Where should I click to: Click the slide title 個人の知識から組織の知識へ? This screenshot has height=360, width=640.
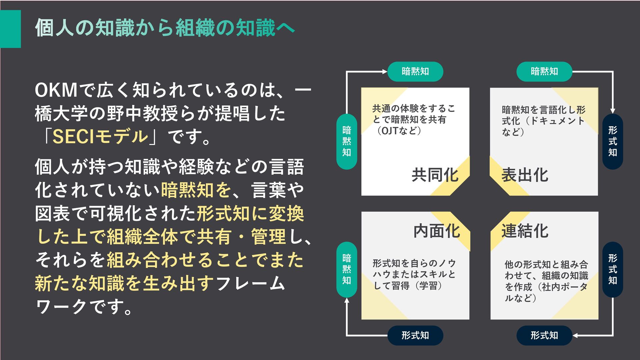(x=165, y=28)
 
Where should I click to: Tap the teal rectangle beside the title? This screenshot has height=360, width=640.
(x=10, y=29)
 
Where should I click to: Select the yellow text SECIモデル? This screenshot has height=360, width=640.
(x=100, y=136)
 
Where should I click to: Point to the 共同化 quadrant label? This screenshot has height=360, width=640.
(x=435, y=175)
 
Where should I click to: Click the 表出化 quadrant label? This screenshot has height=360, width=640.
(x=525, y=175)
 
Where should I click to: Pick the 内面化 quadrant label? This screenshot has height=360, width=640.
(x=436, y=231)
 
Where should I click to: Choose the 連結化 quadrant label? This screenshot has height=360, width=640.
(x=525, y=231)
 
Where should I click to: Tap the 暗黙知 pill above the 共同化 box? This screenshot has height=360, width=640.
(x=415, y=71)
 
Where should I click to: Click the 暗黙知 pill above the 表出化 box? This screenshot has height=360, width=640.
(x=544, y=71)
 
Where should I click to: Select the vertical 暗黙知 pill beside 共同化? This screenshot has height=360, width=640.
(x=347, y=141)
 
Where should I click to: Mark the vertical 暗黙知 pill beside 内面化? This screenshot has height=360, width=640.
(x=347, y=269)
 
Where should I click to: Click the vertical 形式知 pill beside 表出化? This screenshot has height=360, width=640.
(x=612, y=141)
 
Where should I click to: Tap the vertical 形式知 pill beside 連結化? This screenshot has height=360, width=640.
(x=612, y=269)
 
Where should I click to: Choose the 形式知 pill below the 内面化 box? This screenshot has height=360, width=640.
(x=415, y=335)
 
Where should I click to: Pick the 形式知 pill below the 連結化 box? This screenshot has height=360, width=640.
(x=544, y=335)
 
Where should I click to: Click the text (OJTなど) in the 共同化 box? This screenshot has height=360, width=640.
(x=399, y=130)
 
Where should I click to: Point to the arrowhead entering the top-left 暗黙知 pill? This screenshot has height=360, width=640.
(x=385, y=71)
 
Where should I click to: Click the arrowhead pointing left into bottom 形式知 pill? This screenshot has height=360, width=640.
(x=575, y=335)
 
